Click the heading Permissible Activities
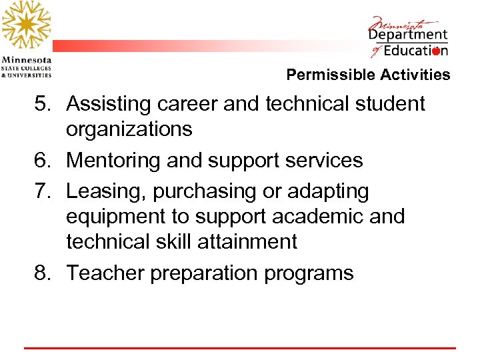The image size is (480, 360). [x=368, y=75]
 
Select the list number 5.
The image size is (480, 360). [x=44, y=104]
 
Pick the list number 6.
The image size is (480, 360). [x=44, y=161]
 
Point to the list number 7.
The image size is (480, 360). [x=44, y=191]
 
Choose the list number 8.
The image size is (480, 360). [x=44, y=273]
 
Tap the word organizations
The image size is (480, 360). [x=129, y=129]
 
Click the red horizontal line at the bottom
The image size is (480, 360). [x=240, y=348]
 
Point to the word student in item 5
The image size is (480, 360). [x=387, y=104]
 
